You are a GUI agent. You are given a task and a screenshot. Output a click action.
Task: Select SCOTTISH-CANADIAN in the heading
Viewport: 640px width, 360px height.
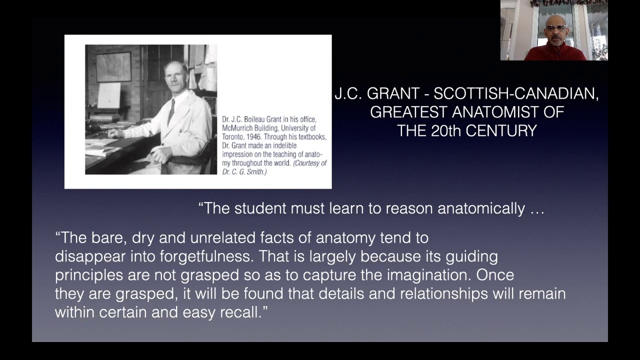click(515, 93)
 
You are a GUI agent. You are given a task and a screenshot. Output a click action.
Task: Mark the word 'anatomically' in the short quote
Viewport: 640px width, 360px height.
click(481, 208)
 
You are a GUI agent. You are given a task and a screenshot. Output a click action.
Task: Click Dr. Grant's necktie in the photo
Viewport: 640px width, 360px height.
click(171, 111)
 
